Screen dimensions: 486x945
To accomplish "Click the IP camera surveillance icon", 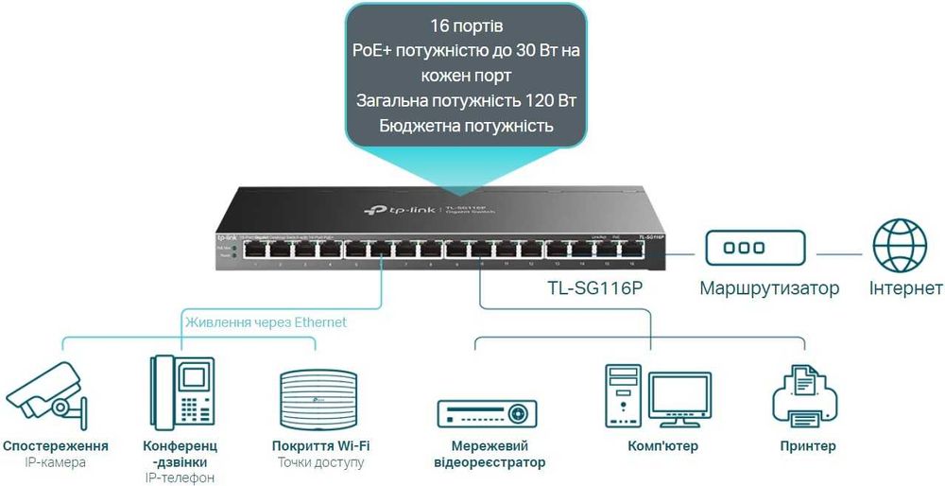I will tap(44, 395).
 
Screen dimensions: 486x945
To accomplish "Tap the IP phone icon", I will tap(181, 393).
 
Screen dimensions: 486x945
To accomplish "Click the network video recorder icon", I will tap(488, 413).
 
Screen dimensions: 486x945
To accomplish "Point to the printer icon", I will tap(806, 397).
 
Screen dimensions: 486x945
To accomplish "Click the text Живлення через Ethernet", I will tap(266, 322).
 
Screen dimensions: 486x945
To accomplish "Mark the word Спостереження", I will tap(56, 446).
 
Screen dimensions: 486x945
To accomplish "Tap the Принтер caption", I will tap(808, 446).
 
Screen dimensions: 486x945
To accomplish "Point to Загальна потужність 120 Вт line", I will tap(466, 100).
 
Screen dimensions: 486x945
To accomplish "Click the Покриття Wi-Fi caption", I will tap(320, 446).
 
